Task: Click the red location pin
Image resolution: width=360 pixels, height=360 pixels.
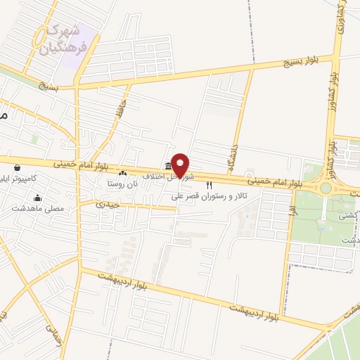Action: tap(181, 165)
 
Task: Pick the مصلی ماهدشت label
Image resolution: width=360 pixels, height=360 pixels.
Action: tap(38, 209)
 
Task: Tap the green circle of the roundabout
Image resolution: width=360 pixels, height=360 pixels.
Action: tap(326, 188)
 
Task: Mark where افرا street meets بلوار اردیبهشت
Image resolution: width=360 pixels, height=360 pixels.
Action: tap(281, 314)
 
